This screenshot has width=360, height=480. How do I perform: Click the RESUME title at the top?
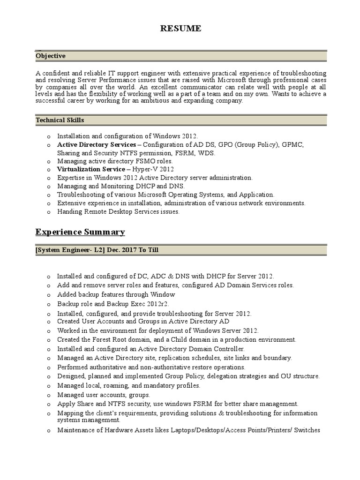click(180, 29)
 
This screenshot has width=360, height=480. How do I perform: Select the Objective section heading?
click(51, 56)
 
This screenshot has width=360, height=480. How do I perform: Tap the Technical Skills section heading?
click(60, 120)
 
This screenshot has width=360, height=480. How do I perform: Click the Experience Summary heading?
click(80, 232)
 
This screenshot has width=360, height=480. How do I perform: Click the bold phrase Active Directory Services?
click(97, 145)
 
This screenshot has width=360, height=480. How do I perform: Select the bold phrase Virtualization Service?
click(91, 169)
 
